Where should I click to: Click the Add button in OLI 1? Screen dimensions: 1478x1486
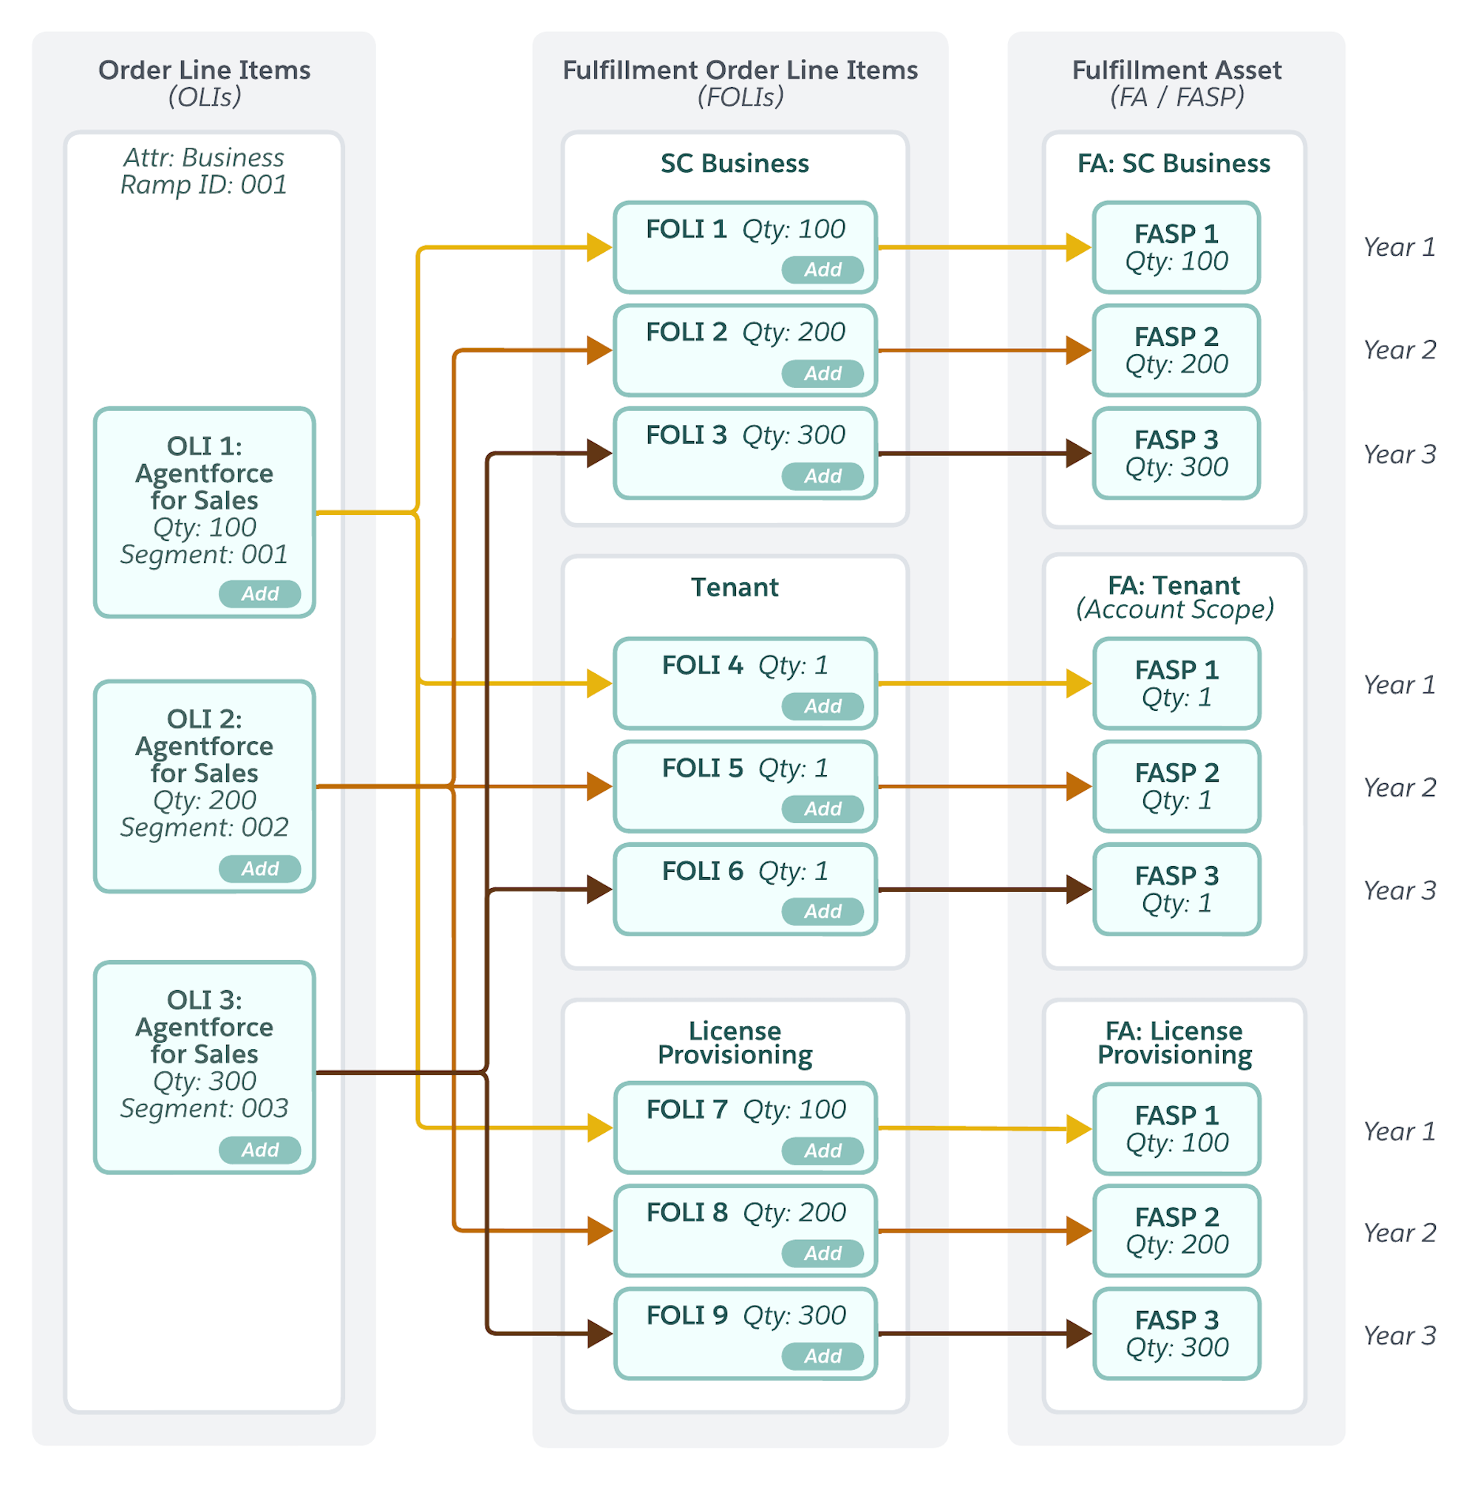(259, 594)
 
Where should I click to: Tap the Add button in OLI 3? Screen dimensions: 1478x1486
(259, 1150)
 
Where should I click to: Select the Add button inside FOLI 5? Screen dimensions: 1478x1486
(823, 808)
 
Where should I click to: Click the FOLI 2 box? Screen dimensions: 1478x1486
(746, 351)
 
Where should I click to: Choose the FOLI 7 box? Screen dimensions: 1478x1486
(746, 1128)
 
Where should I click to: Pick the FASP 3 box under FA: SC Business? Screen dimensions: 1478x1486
(1176, 454)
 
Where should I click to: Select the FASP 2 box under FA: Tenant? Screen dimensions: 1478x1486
(1176, 787)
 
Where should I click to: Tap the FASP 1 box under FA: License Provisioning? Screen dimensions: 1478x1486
(1176, 1129)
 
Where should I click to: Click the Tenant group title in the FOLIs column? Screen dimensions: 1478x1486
(735, 587)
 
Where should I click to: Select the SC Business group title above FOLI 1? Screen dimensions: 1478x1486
(735, 163)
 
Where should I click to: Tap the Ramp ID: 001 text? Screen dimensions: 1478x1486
(204, 185)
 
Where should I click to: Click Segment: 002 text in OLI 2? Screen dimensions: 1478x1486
(204, 828)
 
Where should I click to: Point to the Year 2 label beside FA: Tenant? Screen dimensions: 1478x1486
(1400, 788)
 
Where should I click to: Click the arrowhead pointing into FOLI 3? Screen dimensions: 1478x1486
(599, 453)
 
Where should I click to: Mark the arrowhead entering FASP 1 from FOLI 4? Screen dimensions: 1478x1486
(1079, 683)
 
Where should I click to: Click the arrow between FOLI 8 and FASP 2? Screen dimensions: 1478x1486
(985, 1230)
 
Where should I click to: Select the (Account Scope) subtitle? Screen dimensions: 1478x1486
(1175, 609)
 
